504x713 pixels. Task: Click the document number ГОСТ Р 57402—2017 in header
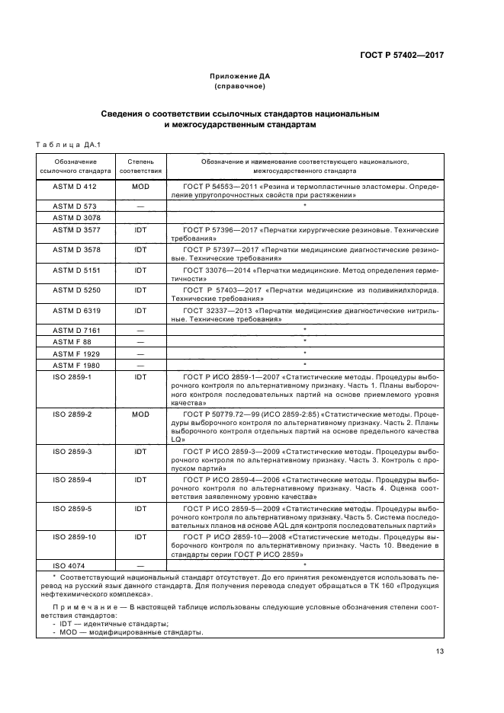click(403, 55)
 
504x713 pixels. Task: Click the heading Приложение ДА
click(240, 76)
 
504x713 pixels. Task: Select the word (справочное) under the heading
click(240, 87)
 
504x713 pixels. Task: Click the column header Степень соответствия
click(140, 166)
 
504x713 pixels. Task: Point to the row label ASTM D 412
click(75, 186)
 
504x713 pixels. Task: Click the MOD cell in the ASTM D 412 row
click(140, 186)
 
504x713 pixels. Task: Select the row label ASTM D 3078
click(75, 217)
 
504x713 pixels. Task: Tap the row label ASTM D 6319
click(75, 310)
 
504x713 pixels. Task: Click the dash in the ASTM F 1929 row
click(140, 353)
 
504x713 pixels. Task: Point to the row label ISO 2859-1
click(75, 376)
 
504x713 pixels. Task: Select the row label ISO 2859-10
click(75, 536)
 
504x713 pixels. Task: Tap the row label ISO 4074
click(75, 565)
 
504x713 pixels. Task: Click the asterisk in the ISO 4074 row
click(304, 565)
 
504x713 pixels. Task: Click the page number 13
click(439, 651)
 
